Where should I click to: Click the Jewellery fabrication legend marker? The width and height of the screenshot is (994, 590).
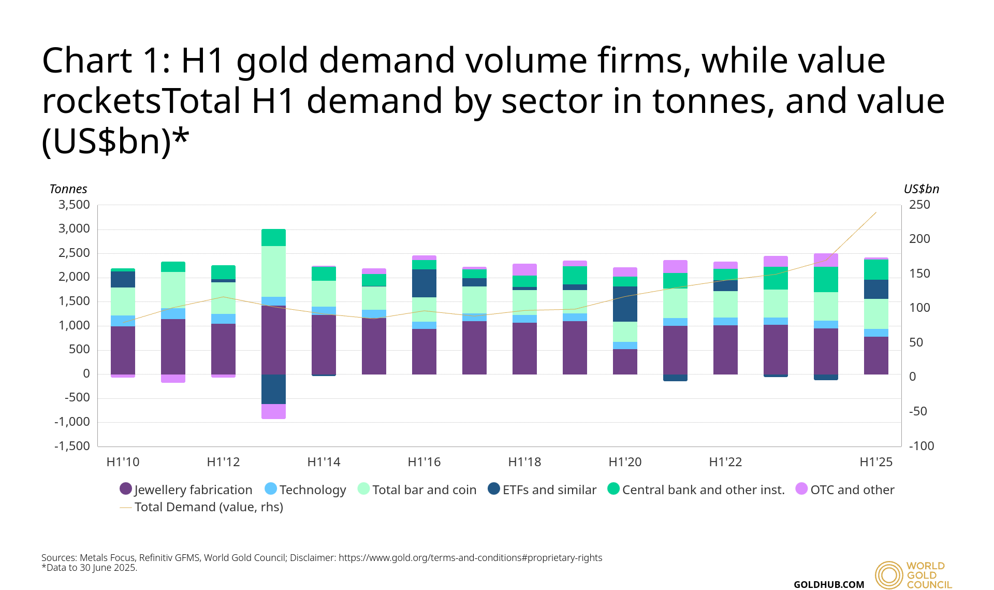[x=126, y=489]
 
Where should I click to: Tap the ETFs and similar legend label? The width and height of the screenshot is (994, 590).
[x=549, y=490]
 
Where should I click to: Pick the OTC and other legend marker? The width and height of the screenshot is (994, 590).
[x=801, y=489]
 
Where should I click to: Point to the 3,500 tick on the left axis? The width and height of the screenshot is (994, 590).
[x=74, y=205]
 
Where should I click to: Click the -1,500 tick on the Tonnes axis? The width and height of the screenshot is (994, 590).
[x=72, y=446]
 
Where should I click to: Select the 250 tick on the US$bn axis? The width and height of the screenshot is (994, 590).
[x=919, y=205]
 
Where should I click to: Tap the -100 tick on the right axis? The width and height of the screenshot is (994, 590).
[x=922, y=446]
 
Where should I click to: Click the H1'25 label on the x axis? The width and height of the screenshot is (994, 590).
[x=876, y=462]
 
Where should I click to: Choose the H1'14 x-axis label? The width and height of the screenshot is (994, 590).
[x=324, y=462]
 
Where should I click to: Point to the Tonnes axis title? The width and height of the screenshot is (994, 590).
[x=68, y=189]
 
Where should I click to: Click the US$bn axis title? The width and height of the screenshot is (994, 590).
[x=921, y=189]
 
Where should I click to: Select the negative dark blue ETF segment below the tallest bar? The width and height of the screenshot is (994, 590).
[x=273, y=389]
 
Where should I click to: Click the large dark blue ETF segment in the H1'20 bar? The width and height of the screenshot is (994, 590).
[x=625, y=304]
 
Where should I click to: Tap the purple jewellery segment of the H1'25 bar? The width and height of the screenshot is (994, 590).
[x=876, y=355]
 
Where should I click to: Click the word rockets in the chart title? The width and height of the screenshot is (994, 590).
[x=101, y=101]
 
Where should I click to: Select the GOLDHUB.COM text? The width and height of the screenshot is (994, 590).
[x=828, y=584]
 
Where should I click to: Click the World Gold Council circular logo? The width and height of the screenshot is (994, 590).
[x=889, y=575]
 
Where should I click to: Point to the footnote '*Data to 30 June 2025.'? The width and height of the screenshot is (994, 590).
[x=89, y=568]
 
